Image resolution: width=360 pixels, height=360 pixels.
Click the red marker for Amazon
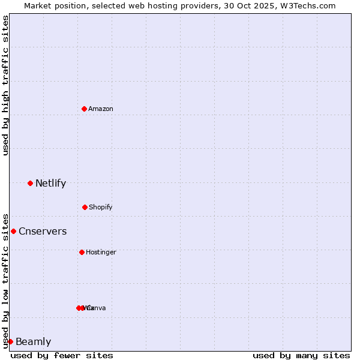click(84, 109)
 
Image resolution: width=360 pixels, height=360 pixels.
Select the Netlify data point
click(30, 183)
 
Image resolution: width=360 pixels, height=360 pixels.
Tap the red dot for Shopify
click(85, 207)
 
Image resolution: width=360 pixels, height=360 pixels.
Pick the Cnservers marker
click(13, 231)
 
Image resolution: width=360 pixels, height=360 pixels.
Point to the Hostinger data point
click(82, 252)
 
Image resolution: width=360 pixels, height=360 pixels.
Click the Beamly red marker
click(10, 341)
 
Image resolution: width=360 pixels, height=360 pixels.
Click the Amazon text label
click(101, 109)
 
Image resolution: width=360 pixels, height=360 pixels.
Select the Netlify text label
click(50, 183)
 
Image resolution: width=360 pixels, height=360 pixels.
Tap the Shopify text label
click(101, 207)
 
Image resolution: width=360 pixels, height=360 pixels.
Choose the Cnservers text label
click(43, 231)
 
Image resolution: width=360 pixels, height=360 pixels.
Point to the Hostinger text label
click(101, 252)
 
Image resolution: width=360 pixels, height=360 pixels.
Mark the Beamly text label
click(33, 341)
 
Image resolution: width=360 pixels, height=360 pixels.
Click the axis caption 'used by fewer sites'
click(62, 355)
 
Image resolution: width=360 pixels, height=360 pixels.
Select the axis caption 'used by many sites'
click(301, 355)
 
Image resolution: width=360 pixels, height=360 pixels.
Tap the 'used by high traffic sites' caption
click(5, 85)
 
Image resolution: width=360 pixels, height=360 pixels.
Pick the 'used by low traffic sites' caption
click(5, 281)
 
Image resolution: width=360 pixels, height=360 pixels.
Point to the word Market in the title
click(38, 5)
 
